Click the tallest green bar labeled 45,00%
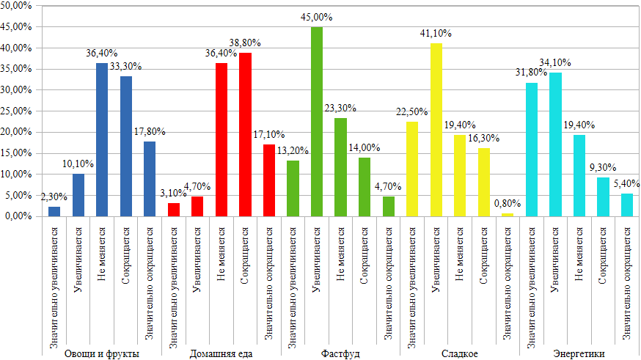tap(317, 122)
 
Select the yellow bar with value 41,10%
tap(436, 130)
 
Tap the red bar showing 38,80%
tap(245, 135)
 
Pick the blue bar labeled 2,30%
tap(54, 211)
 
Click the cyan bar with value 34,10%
tap(555, 144)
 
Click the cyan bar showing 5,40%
tap(627, 205)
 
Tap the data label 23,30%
tap(340, 109)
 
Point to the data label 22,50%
tap(412, 112)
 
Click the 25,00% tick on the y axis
tap(17, 111)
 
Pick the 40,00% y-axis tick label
tap(17, 48)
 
